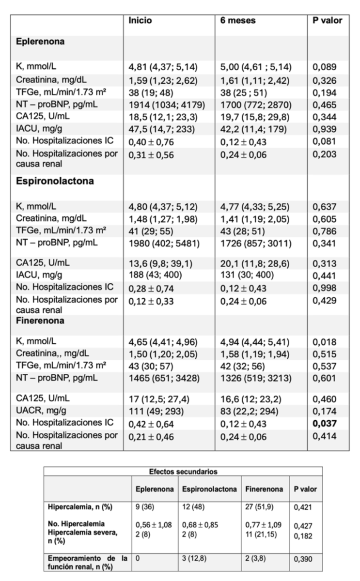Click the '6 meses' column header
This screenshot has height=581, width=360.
point(238,21)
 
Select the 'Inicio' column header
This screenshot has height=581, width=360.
point(140,21)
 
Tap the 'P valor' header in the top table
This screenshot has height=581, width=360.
point(328,21)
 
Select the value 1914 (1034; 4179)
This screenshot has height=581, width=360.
point(166,105)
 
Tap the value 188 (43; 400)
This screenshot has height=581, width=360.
point(153,275)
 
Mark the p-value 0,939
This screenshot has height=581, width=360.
point(325,130)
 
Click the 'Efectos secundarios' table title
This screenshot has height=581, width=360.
point(183,471)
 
